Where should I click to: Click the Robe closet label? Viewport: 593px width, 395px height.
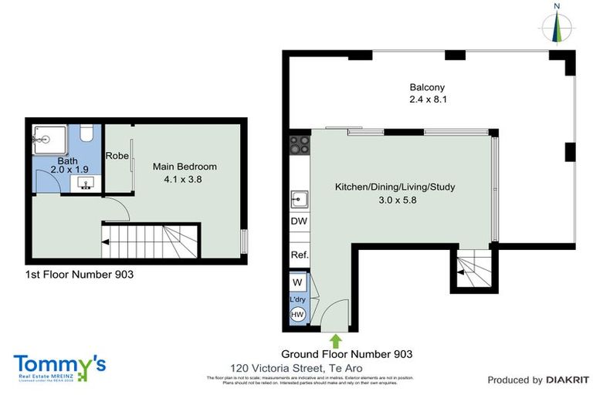[117, 155]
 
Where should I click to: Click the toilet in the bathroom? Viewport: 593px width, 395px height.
[86, 133]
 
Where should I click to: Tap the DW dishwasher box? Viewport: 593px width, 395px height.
[299, 221]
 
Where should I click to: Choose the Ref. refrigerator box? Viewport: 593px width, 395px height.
[299, 255]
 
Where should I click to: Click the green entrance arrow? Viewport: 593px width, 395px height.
[335, 339]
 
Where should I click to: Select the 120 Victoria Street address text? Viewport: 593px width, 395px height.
[296, 368]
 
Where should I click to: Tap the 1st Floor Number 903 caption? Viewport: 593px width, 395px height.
[74, 275]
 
